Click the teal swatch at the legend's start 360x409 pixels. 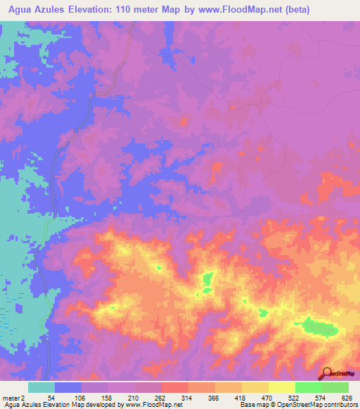pyautogui.click(x=41, y=387)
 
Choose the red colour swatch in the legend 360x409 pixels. pyautogui.click(x=174, y=387)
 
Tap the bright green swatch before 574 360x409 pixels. pyautogui.click(x=308, y=387)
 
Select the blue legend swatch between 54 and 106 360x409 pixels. pyautogui.click(x=68, y=387)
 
